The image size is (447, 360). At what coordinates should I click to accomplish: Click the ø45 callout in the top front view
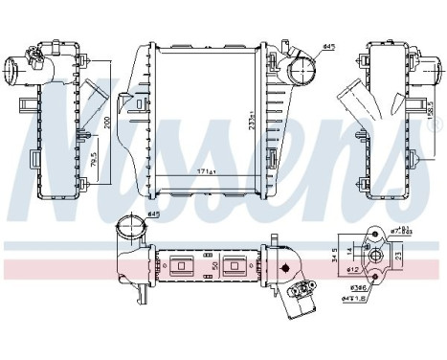[x=327, y=45]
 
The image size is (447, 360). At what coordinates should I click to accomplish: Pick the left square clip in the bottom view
[x=183, y=268]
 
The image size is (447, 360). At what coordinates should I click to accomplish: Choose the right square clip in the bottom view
[x=234, y=268]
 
